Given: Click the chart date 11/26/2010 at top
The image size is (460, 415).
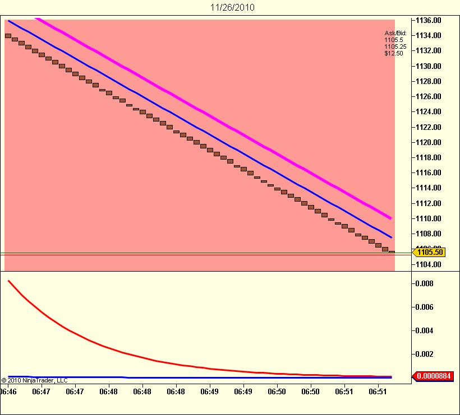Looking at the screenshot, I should (x=229, y=8).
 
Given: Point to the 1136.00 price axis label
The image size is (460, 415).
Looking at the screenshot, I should (x=429, y=20).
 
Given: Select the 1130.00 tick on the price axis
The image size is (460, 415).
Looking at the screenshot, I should (x=429, y=66).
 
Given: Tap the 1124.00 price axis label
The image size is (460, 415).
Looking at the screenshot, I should (x=429, y=112).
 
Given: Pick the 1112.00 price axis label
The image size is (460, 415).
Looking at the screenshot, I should (x=429, y=203).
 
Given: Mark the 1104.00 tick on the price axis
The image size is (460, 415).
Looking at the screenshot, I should (x=429, y=264).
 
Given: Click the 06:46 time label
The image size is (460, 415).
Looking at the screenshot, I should (x=8, y=391).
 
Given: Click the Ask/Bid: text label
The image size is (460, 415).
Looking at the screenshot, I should (x=395, y=34).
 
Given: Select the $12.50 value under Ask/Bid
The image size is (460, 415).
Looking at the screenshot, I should (x=393, y=54).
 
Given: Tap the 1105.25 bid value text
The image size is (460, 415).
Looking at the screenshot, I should (x=395, y=47).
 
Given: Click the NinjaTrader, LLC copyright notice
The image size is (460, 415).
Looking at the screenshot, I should (x=35, y=380).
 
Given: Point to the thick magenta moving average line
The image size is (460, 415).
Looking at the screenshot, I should (x=224, y=124).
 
